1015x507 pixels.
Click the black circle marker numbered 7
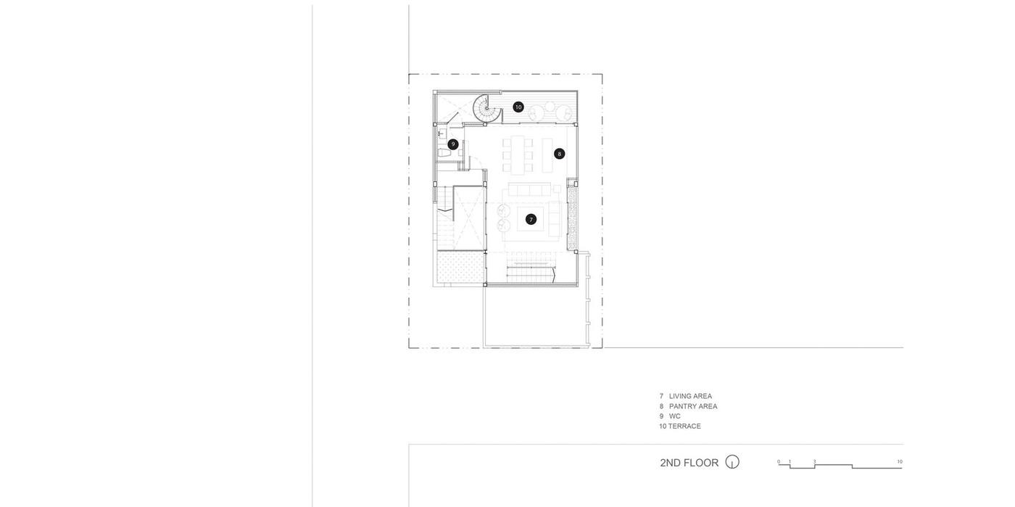(x=531, y=220)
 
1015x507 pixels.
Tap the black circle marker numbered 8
(x=559, y=154)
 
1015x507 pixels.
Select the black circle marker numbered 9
(x=452, y=144)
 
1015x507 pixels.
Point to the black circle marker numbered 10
(x=518, y=107)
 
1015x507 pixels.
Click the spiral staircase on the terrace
(x=487, y=108)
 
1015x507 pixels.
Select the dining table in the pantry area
(x=518, y=154)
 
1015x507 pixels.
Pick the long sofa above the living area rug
(x=529, y=189)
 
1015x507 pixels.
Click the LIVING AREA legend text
(x=690, y=396)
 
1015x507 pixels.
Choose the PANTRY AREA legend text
(x=693, y=406)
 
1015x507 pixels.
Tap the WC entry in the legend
(x=675, y=416)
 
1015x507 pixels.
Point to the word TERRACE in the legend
(x=684, y=426)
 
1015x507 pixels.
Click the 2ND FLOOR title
(x=689, y=463)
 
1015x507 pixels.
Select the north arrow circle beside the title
(x=732, y=461)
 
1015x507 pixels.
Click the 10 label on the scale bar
(x=900, y=461)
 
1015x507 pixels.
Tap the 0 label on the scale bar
(x=779, y=461)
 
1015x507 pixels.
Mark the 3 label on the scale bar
(x=814, y=461)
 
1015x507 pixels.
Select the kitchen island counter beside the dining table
(x=547, y=155)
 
